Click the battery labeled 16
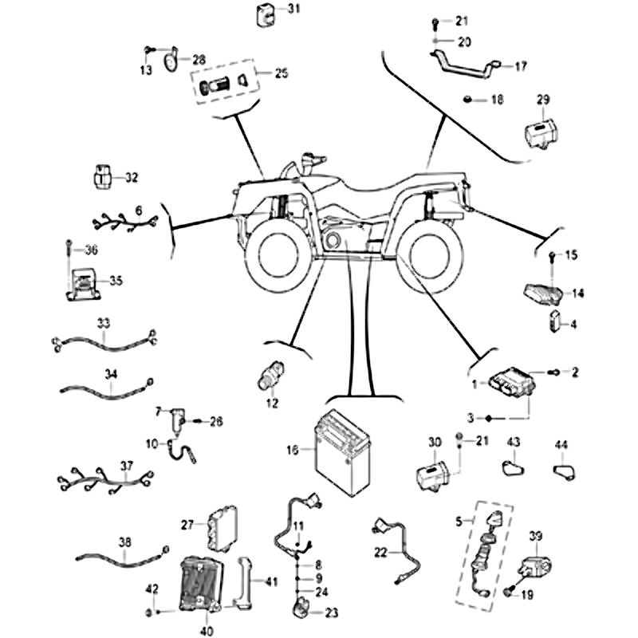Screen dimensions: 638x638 pos(344,452)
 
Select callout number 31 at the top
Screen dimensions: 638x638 pos(272,10)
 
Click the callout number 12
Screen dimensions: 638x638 pos(273,404)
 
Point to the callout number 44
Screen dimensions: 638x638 pos(561,443)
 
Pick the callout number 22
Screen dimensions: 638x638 pos(380,552)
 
